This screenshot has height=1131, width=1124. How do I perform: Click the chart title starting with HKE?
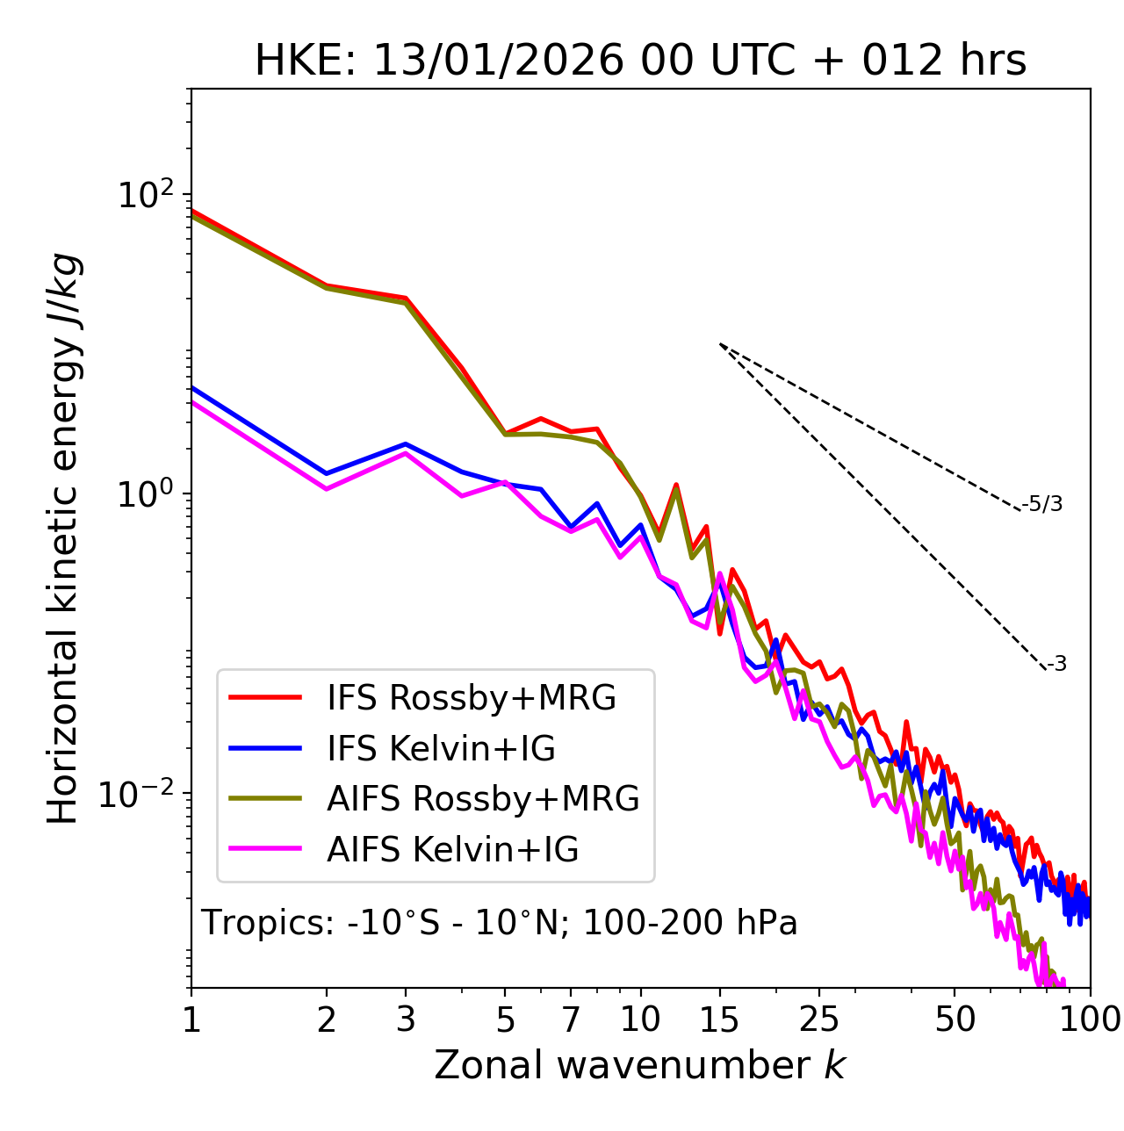click(640, 61)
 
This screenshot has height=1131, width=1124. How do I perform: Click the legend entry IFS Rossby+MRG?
click(472, 698)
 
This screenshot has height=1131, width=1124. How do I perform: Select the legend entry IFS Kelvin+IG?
click(441, 748)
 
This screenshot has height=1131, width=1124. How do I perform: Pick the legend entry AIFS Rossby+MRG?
click(483, 799)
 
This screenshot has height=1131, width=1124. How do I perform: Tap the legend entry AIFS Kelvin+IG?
click(452, 849)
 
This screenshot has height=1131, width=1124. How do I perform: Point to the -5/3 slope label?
click(1042, 504)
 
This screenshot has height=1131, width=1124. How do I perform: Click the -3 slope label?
click(1056, 664)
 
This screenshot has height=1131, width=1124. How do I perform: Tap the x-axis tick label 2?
click(327, 1019)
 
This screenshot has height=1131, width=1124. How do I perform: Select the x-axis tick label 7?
click(571, 1019)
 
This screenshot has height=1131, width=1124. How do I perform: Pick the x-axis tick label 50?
click(955, 1019)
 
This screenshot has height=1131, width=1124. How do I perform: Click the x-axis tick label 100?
click(1089, 1019)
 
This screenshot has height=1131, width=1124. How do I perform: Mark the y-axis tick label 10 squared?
click(146, 194)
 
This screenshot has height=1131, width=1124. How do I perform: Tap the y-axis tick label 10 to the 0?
click(146, 494)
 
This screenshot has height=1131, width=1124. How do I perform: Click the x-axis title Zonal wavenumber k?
click(640, 1065)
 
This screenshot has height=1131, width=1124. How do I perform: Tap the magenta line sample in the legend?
click(265, 849)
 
